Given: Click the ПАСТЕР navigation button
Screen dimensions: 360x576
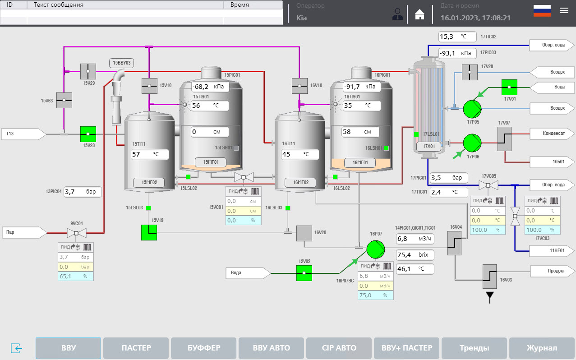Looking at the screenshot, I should [x=136, y=348].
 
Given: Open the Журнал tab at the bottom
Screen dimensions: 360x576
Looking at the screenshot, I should [x=542, y=348].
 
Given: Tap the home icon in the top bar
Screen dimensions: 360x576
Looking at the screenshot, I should [x=420, y=14].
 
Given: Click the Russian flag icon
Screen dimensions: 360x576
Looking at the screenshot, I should [x=542, y=11].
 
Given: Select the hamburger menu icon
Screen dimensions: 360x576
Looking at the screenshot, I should [x=564, y=11].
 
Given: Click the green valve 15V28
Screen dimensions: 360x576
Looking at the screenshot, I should [x=88, y=134].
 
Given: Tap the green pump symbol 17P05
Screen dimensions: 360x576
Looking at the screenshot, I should [x=472, y=108].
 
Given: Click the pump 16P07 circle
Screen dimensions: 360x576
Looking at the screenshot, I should [x=375, y=249].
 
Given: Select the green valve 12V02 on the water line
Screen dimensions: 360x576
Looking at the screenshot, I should [x=304, y=273].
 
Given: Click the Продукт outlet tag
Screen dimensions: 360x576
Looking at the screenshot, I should [x=552, y=271].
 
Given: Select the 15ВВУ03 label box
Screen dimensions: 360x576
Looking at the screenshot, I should [x=122, y=63].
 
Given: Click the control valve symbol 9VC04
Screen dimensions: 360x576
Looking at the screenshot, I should [x=76, y=233].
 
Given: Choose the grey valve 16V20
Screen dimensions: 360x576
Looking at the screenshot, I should [x=304, y=233].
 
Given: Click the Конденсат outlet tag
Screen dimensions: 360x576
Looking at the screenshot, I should [x=552, y=134].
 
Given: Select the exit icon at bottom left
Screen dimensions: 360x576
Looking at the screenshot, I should [x=16, y=348].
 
